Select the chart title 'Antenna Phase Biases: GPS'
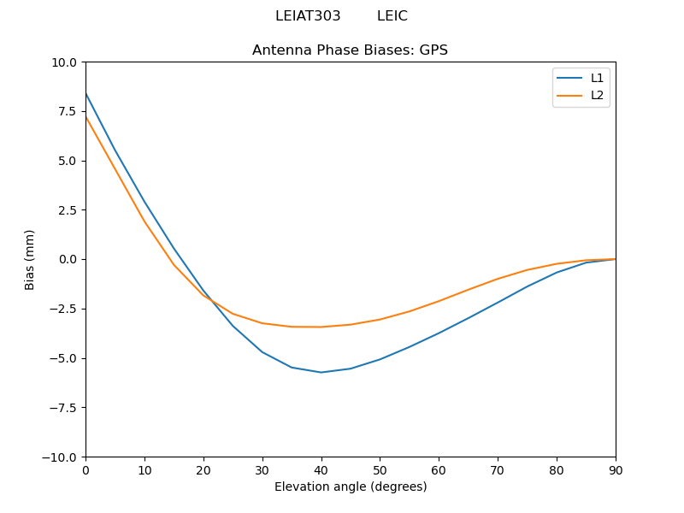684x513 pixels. (x=350, y=50)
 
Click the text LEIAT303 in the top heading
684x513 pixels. (x=308, y=16)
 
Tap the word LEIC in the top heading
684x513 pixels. (x=392, y=16)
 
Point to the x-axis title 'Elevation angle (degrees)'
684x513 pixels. (x=351, y=487)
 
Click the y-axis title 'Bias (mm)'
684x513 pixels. (x=30, y=259)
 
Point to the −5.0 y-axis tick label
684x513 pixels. (x=62, y=358)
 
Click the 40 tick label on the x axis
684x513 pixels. (x=321, y=470)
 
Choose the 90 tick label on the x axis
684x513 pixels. (x=616, y=470)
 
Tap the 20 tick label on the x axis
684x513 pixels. (x=203, y=470)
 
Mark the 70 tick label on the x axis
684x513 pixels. (x=498, y=470)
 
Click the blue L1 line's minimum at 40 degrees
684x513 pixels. (x=321, y=372)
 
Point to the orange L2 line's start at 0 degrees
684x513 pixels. (x=86, y=117)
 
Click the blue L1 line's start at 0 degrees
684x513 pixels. (x=86, y=93)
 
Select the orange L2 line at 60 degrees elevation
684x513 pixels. (x=439, y=301)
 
